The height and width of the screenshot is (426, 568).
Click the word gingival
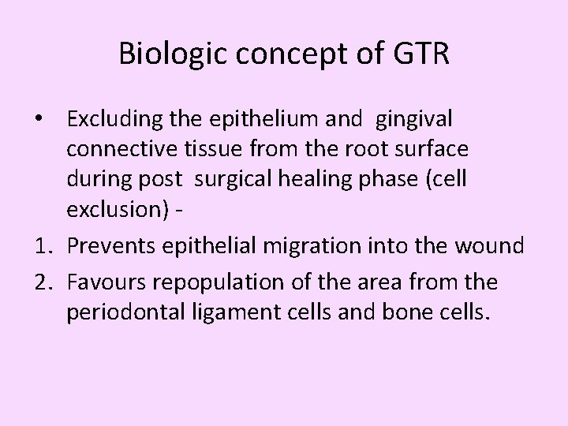[414, 121]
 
